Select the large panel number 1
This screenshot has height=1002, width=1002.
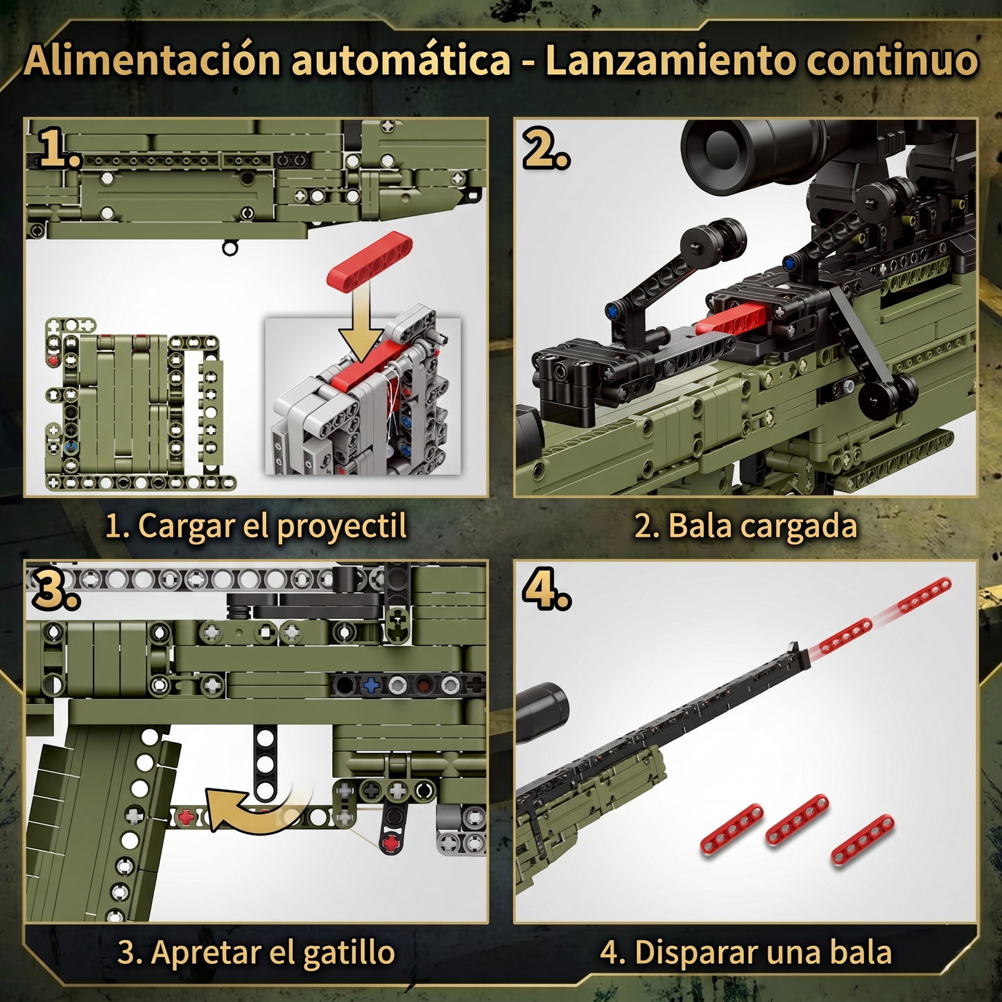coord(59,148)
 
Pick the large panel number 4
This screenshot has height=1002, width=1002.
coord(546,590)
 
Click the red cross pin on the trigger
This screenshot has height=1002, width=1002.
coord(392,843)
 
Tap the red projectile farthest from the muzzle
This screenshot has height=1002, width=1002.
coord(924,595)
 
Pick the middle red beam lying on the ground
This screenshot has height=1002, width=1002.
coord(797,820)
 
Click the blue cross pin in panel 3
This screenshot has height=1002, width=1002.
coord(371,685)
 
